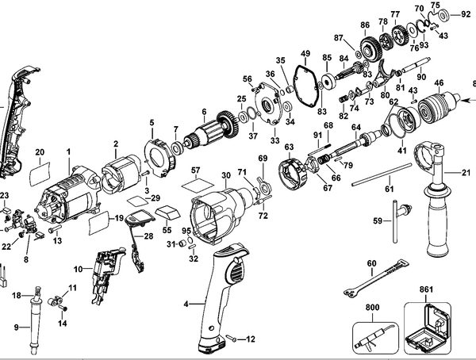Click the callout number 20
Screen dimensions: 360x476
(x=39, y=151)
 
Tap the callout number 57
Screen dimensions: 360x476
(x=194, y=170)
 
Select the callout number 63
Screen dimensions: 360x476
(x=290, y=147)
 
